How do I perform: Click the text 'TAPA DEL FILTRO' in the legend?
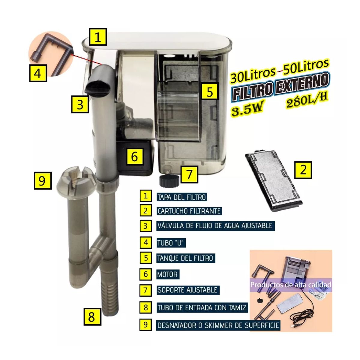point(181,197)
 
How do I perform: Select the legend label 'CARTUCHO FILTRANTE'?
point(189,211)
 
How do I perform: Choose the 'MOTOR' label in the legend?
point(167,274)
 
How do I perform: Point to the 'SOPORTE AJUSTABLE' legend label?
point(187,290)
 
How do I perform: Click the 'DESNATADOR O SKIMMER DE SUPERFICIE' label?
point(218,325)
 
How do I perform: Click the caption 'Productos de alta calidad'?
point(291,285)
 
